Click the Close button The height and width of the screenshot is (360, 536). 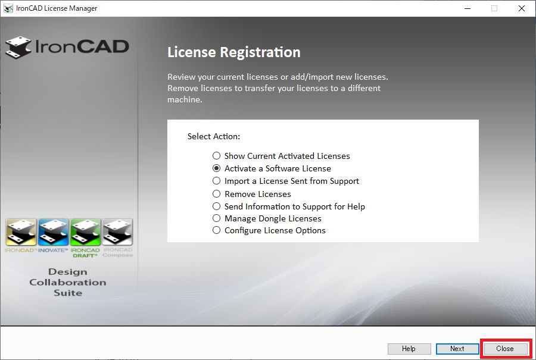(504, 349)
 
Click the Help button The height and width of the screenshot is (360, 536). (409, 349)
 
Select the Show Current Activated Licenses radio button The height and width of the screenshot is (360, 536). (217, 156)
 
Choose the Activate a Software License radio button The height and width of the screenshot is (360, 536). (217, 168)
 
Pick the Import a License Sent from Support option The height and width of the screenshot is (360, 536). (217, 181)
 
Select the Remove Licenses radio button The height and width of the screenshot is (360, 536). (217, 194)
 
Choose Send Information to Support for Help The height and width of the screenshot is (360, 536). (217, 206)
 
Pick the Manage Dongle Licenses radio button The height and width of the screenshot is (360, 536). (217, 218)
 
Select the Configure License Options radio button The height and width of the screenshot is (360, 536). (217, 230)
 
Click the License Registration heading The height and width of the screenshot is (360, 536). (233, 52)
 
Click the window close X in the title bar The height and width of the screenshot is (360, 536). (522, 8)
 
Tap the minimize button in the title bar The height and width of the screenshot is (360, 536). (467, 8)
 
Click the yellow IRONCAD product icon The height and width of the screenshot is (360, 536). (20, 233)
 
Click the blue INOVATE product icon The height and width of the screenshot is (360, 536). (53, 233)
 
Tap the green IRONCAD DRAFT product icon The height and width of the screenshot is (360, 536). (85, 233)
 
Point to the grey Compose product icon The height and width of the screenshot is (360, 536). (117, 233)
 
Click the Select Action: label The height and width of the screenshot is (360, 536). (213, 136)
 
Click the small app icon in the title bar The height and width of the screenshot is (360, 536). (8, 8)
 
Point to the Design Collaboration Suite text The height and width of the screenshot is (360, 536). (68, 282)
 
